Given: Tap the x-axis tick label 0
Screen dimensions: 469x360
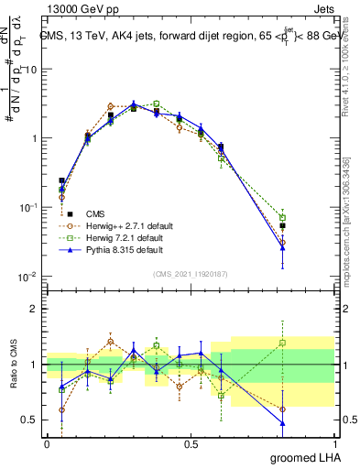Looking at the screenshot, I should [x=47, y=442].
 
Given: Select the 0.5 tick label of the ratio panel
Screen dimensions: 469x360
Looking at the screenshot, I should [x=31, y=420].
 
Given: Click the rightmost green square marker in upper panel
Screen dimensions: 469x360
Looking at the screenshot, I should [x=308, y=218].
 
